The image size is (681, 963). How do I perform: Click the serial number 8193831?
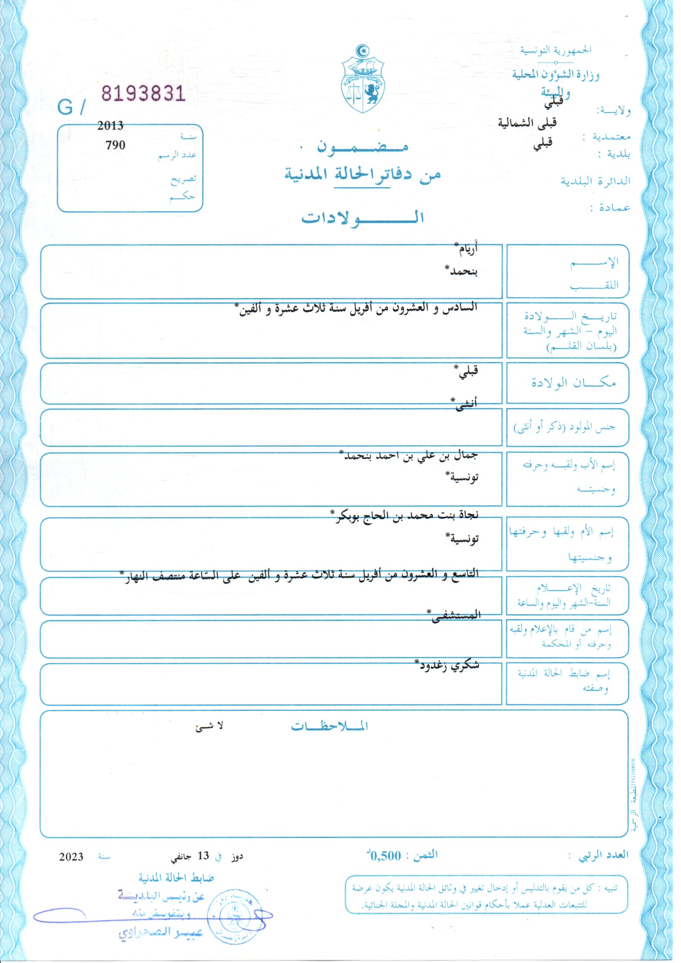143,93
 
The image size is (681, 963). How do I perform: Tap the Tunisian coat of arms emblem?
363,79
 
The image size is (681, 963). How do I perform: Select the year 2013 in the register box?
110,125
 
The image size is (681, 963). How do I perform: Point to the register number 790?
115,145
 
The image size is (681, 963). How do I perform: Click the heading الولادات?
363,217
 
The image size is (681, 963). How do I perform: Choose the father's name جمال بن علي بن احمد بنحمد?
409,456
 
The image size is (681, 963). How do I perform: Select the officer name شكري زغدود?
447,666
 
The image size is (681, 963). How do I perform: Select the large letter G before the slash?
65,108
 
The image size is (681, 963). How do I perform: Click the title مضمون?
363,146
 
